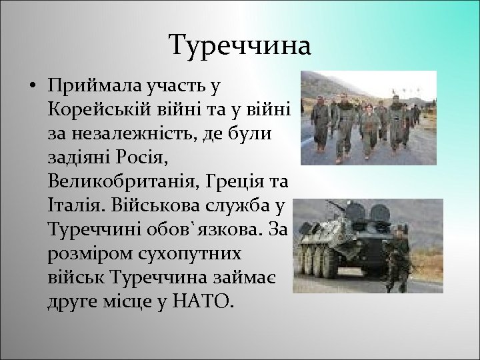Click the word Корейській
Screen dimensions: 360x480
97,109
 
